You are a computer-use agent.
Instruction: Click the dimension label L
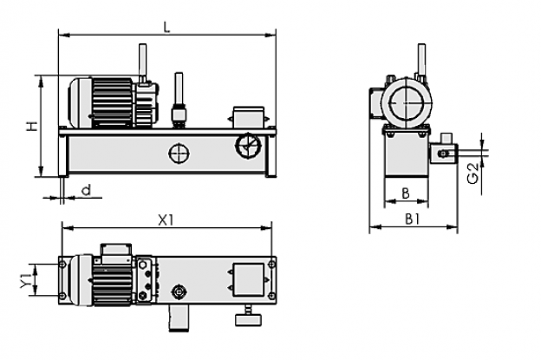coord(167,27)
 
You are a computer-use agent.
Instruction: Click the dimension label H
coord(32,127)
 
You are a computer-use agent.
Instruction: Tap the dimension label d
coord(86,190)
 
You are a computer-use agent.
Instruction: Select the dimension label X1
coord(166,219)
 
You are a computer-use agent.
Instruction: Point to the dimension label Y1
coord(25,279)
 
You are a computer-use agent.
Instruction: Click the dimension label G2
coord(473,173)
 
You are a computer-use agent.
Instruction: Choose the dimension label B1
coord(413,219)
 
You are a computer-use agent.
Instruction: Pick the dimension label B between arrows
coord(406,193)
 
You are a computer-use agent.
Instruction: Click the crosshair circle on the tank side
coord(179,154)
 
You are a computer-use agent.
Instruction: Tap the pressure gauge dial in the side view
coord(248,146)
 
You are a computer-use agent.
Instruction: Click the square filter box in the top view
coord(249,280)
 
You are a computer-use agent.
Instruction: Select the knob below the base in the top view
coord(249,319)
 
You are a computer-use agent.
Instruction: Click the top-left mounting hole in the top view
coord(62,265)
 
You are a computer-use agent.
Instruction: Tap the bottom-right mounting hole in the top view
coord(272,296)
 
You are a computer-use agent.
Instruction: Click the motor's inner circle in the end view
coord(406,103)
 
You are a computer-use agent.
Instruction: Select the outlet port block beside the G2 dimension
coord(444,153)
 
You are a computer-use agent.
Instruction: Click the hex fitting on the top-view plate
coord(179,293)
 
